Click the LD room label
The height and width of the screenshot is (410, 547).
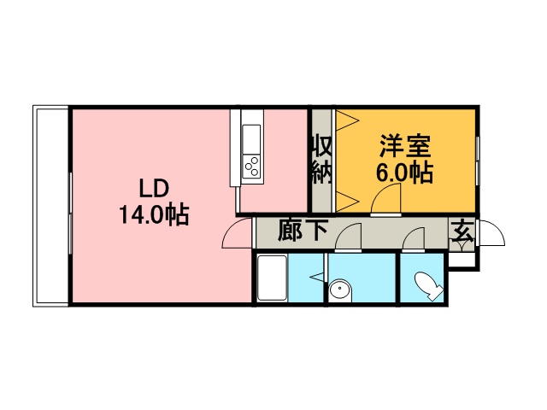(x=154, y=189)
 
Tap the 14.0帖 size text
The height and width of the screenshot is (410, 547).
(x=154, y=214)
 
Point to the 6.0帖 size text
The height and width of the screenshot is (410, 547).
(x=404, y=173)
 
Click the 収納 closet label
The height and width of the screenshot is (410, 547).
(x=321, y=159)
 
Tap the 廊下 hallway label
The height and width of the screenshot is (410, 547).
(x=303, y=230)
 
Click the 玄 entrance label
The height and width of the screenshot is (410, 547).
(x=463, y=231)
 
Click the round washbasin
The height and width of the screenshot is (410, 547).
(x=340, y=290)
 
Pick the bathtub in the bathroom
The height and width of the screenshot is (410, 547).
(x=272, y=278)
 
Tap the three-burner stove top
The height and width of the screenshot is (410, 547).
(x=252, y=166)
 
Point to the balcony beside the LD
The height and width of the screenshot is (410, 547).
(x=51, y=206)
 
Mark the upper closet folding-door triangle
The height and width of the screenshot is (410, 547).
(x=348, y=120)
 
